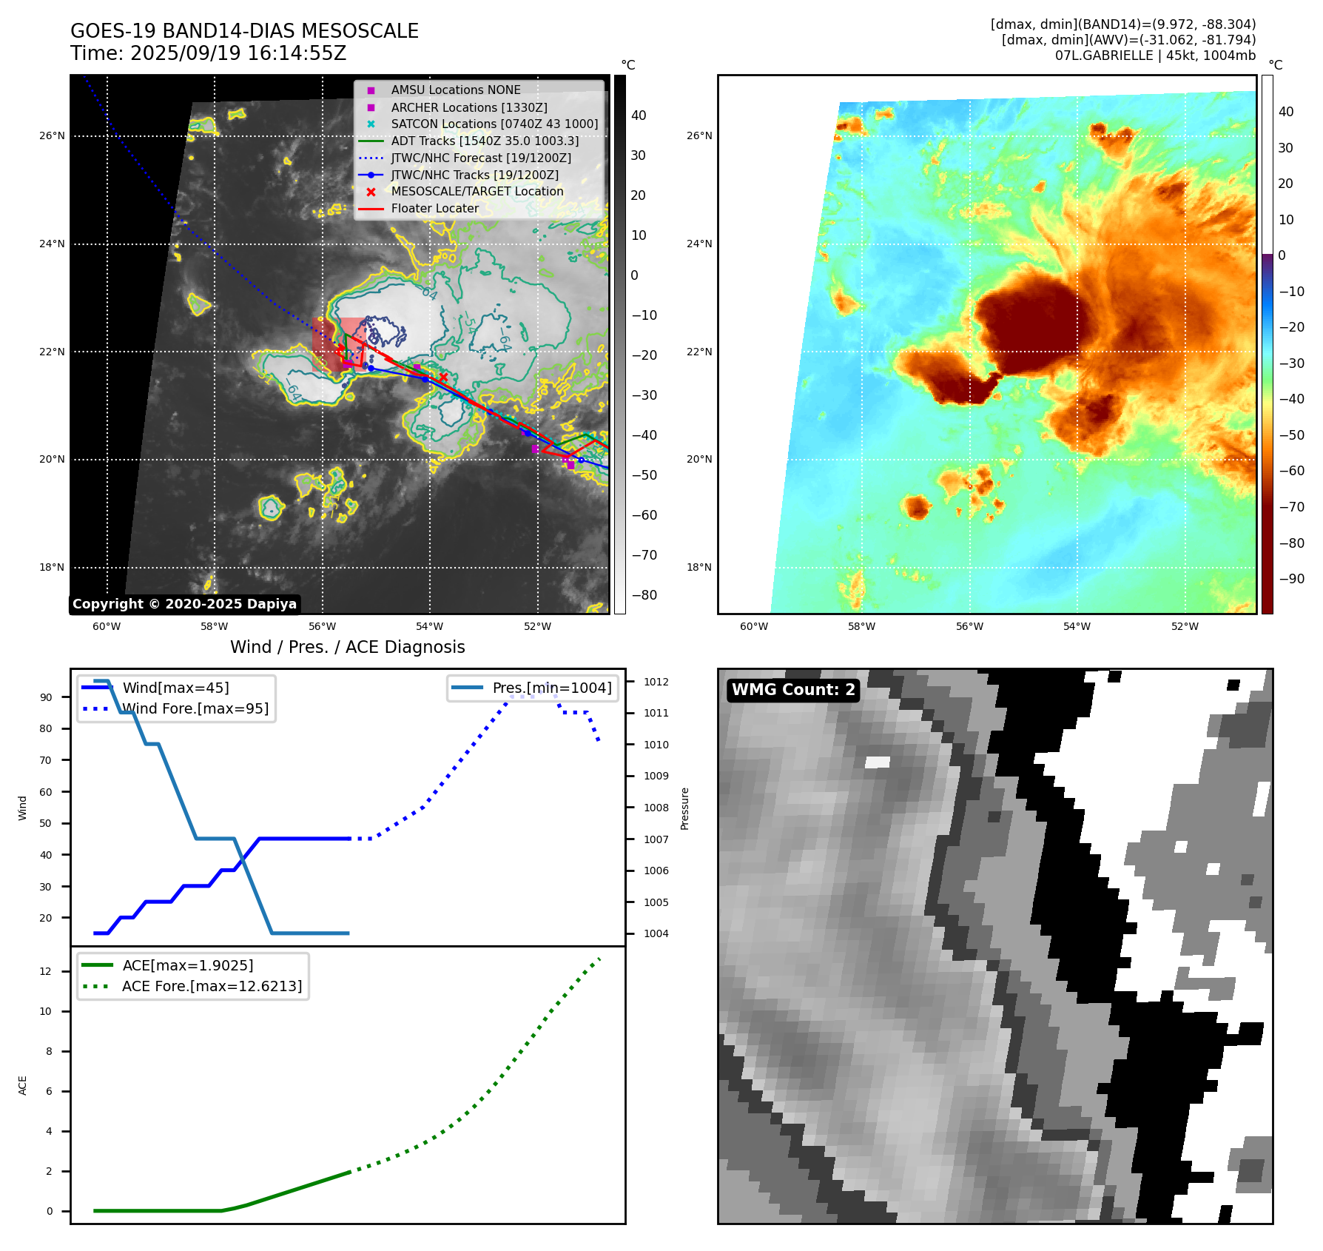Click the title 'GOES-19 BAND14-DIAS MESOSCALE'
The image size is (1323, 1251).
244,31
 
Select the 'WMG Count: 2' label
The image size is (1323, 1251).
793,690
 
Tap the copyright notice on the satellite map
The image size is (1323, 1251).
184,604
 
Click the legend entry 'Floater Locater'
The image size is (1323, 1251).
434,209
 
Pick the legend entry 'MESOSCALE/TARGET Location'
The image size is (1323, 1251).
477,192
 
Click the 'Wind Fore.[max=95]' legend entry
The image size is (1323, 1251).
195,709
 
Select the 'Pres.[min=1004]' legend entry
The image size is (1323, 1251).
552,688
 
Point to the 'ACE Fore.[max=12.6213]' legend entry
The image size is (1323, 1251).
212,987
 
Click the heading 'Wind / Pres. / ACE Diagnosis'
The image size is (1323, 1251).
347,648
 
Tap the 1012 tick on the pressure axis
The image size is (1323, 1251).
656,682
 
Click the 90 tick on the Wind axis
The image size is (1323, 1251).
46,697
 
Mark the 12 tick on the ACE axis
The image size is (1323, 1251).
46,972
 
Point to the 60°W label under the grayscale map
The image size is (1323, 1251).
107,627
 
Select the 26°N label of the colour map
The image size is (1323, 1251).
699,136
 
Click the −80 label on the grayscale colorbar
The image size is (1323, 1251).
644,595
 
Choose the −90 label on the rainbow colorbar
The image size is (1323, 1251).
1291,579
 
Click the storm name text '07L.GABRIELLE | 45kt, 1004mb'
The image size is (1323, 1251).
1155,56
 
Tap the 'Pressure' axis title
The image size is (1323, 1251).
684,808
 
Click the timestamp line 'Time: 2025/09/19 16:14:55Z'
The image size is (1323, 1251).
208,53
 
